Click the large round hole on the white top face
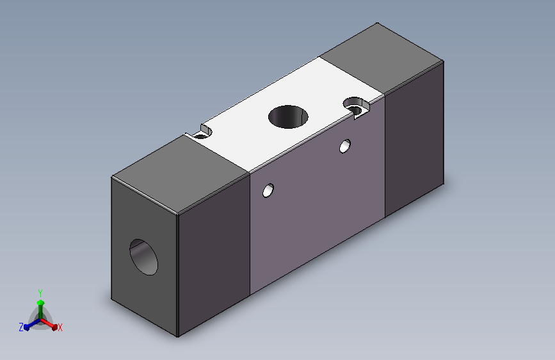[288, 117]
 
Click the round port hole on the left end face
[143, 257]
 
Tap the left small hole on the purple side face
[268, 190]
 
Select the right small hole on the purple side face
[345, 146]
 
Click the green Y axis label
[40, 293]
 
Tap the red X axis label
[60, 327]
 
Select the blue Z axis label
[21, 327]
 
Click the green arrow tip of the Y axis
[41, 302]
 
